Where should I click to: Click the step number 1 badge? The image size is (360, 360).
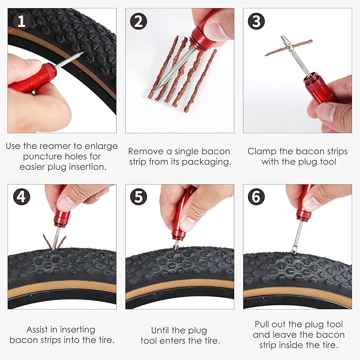tap(21, 21)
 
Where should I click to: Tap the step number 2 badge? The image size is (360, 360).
tap(139, 21)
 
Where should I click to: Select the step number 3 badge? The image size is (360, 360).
tap(257, 21)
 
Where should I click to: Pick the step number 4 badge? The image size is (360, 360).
tap(21, 197)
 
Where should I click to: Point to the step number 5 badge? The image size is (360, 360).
tap(139, 197)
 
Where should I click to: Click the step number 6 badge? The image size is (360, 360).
tap(257, 197)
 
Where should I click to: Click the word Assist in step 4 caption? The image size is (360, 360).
tap(38, 329)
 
